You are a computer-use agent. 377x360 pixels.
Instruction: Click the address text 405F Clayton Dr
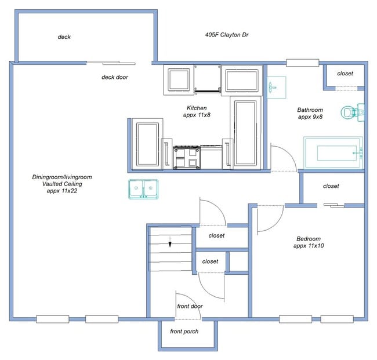click(230, 35)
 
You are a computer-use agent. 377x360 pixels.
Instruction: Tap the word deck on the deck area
click(64, 37)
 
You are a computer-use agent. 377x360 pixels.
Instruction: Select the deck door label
click(115, 77)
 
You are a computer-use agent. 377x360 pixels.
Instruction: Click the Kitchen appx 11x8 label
click(197, 111)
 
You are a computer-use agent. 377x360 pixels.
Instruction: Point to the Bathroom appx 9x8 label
click(310, 113)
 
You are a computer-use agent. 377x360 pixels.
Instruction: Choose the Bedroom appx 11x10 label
click(309, 242)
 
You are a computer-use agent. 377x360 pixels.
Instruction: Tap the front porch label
click(184, 332)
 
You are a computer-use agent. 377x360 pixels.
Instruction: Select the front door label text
click(189, 306)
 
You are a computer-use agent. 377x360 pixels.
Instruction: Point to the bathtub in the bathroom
click(332, 153)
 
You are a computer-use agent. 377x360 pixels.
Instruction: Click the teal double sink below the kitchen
click(143, 189)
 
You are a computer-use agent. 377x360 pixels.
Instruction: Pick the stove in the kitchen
click(187, 157)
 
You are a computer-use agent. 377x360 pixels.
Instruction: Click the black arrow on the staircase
click(170, 243)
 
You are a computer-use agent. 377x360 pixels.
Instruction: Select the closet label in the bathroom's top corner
click(345, 74)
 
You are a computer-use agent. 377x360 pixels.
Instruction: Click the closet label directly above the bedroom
click(331, 186)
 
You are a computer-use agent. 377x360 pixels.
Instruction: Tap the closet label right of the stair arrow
click(216, 235)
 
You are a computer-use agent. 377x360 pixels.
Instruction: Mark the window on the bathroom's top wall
click(303, 63)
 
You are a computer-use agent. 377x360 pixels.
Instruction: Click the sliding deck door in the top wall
click(111, 63)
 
